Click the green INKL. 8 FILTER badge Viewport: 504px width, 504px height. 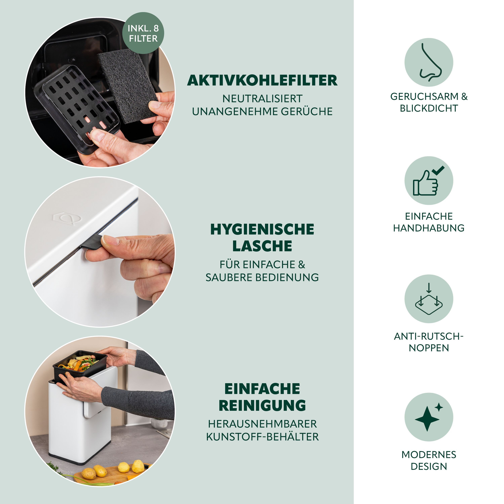pyautogui.click(x=143, y=33)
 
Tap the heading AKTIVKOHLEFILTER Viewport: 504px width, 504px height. pyautogui.click(x=262, y=80)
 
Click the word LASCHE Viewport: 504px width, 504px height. pyautogui.click(x=262, y=246)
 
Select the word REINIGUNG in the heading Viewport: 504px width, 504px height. pyautogui.click(x=262, y=405)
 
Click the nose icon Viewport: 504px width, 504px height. pyautogui.click(x=429, y=62)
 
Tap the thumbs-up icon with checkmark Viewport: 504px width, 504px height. pyautogui.click(x=429, y=181)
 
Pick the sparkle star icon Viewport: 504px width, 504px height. pyautogui.click(x=429, y=417)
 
